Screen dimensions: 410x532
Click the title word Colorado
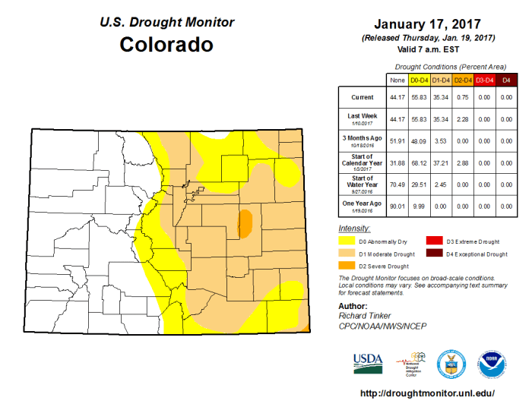point(166,45)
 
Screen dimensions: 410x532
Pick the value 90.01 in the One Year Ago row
point(396,206)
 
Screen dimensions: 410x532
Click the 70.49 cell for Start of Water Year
point(396,184)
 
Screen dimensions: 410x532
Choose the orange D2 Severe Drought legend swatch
point(350,266)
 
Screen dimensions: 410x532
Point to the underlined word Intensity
point(353,228)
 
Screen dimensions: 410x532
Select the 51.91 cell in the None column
point(396,140)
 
